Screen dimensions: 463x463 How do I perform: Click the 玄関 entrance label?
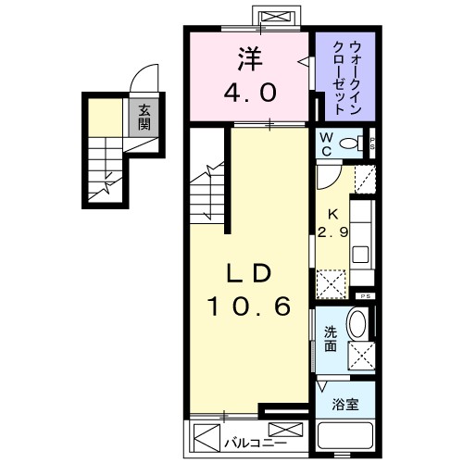click(x=144, y=117)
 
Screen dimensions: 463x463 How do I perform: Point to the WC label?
click(x=326, y=144)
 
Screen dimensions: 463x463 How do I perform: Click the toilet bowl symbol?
click(x=351, y=144)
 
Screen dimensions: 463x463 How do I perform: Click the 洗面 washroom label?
click(x=330, y=340)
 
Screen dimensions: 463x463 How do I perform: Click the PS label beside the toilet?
click(x=371, y=143)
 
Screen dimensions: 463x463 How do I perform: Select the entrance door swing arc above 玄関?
click(x=144, y=79)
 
